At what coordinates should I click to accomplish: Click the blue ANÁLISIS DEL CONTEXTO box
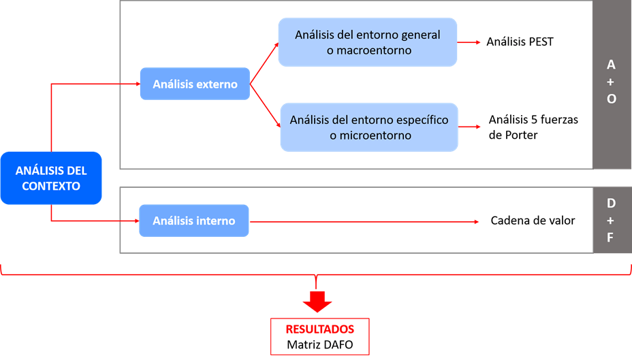click(x=51, y=177)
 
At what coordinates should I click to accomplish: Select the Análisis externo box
click(x=195, y=84)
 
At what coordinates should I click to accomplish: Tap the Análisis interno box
click(x=194, y=220)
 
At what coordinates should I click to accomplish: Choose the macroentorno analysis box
click(x=367, y=42)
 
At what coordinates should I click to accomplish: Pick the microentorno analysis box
click(x=369, y=127)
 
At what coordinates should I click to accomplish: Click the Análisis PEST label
click(x=520, y=42)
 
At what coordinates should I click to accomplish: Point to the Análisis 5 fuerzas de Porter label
click(x=533, y=127)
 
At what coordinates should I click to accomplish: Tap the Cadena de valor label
click(x=533, y=220)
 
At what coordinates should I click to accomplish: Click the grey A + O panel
click(x=611, y=84)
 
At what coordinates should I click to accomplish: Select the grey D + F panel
click(x=611, y=220)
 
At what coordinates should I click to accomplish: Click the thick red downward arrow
click(x=317, y=299)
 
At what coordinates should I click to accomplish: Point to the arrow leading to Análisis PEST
click(x=470, y=42)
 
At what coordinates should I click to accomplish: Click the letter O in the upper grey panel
click(x=611, y=99)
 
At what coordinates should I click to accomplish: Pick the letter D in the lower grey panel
click(x=611, y=203)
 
